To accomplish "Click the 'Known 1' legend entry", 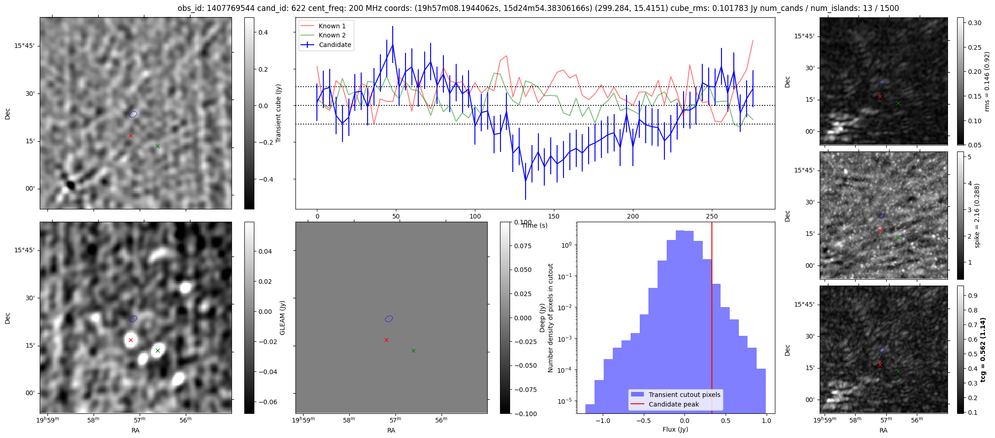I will (332, 26).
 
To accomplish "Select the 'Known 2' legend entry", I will (332, 35).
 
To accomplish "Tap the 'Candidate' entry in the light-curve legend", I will (335, 45).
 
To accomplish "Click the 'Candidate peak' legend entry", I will (674, 404).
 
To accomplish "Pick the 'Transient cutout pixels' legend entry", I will (684, 395).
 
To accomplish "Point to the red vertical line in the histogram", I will (712, 319).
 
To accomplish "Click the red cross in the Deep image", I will (131, 340).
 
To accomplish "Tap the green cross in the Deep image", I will (158, 350).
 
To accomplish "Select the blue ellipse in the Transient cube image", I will (133, 114).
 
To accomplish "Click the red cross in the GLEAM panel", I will (386, 340).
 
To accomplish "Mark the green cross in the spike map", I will (898, 237).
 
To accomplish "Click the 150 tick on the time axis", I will (554, 216).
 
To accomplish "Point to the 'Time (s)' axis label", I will (535, 225).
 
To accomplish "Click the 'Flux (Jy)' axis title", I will (675, 429).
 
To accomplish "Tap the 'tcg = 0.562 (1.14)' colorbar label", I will (983, 349).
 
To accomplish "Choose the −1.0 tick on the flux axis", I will (603, 421).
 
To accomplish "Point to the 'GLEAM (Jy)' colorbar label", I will (282, 318).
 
